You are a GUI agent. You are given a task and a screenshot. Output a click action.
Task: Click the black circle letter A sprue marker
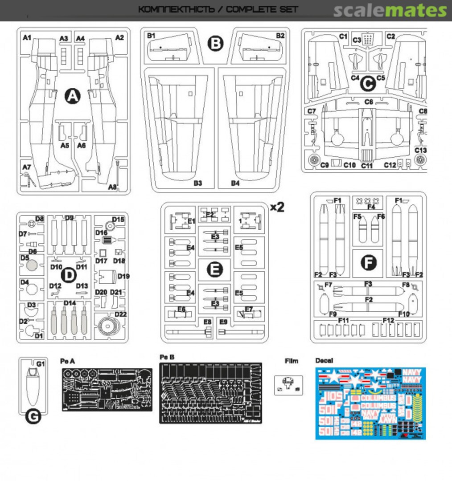pos(73,96)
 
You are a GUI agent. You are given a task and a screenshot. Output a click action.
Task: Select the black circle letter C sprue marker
pos(368,83)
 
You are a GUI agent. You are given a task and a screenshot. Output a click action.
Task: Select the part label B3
pos(198,183)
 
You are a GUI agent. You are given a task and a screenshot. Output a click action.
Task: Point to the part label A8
pos(113,187)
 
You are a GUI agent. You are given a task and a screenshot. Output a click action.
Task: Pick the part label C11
pos(367,166)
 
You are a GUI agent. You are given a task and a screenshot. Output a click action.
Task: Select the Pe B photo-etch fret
pos(210,393)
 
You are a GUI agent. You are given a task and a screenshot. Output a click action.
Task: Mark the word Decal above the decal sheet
pos(324,361)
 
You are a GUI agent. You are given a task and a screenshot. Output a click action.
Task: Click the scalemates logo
pos(390,11)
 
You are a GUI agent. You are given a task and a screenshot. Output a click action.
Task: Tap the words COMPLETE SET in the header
pos(262,9)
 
